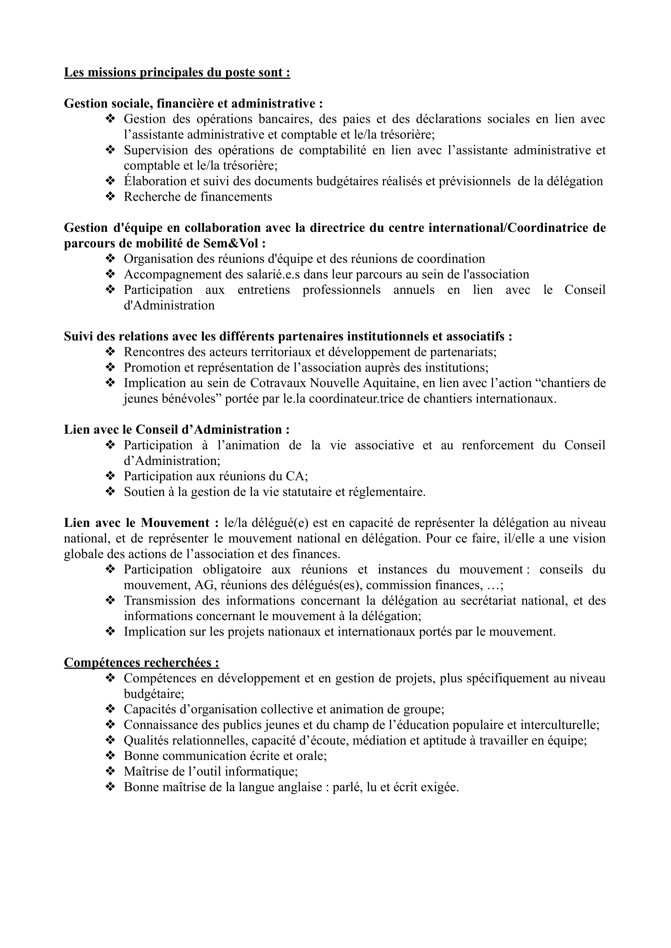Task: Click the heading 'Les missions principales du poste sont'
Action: click(x=177, y=73)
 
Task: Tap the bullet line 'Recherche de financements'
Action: click(x=198, y=197)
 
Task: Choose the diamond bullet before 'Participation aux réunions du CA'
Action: click(x=110, y=477)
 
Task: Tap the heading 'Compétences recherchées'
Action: click(x=141, y=663)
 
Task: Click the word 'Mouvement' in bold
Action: click(x=175, y=523)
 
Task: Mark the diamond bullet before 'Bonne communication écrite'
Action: click(x=110, y=756)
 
